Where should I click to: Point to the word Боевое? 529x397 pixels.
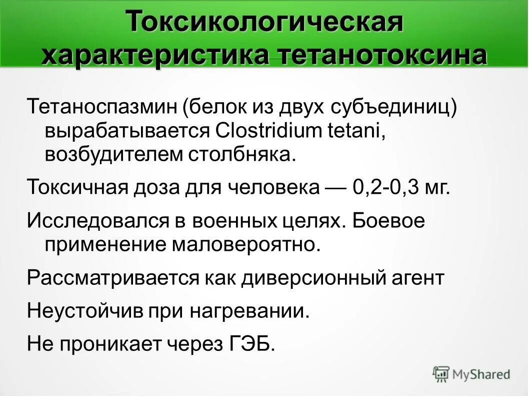click(388, 220)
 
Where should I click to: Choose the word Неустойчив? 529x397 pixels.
click(84, 311)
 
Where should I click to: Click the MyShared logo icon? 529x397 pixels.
click(441, 373)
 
